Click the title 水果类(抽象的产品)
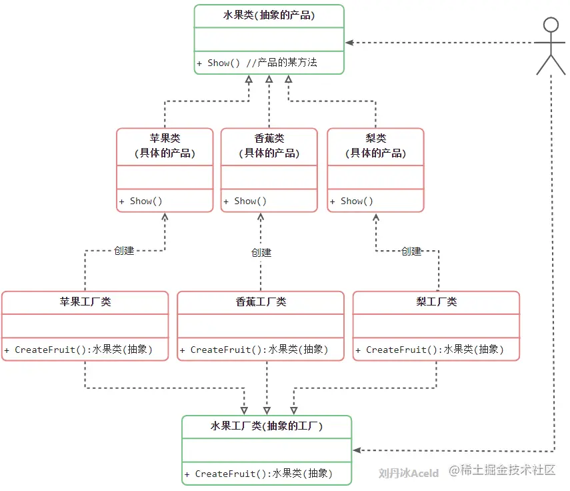coord(269,15)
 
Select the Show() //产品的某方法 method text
coord(257,63)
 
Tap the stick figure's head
coord(550,25)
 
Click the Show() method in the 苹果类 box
coord(141,201)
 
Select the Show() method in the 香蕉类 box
coord(245,201)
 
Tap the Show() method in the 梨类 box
coord(351,201)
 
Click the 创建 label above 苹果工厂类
coord(124,251)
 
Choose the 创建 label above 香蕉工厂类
coord(261,253)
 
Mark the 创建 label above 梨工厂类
coord(411,252)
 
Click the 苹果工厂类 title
coord(85,302)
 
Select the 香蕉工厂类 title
coord(261,302)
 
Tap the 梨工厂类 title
coord(436,302)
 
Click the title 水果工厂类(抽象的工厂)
coord(267,426)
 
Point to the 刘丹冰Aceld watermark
coord(408,473)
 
